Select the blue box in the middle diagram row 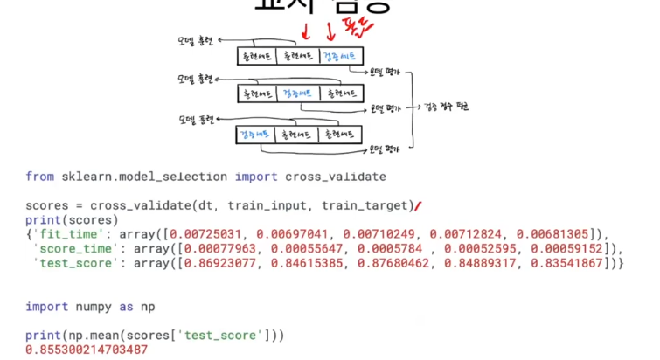click(298, 92)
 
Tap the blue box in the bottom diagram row click(254, 135)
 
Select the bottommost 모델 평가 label click(386, 149)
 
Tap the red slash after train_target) click(418, 207)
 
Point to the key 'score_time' click(69, 249)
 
